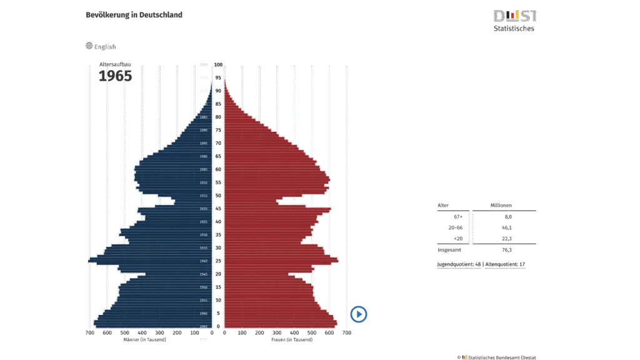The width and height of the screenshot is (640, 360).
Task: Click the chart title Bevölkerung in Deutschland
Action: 134,14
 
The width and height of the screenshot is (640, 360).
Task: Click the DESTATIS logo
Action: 514,16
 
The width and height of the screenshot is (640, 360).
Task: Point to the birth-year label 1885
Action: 204,117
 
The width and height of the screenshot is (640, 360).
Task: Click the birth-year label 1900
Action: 204,156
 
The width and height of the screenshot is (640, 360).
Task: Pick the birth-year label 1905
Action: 204,169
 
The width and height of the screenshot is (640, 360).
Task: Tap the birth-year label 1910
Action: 204,182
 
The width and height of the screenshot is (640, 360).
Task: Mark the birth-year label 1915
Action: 204,196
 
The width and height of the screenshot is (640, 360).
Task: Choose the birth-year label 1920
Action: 204,209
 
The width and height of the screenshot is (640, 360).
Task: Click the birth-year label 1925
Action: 204,222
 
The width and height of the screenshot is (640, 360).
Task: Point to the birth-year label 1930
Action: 204,235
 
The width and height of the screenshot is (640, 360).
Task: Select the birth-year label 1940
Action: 204,261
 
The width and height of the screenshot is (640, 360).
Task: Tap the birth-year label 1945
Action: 204,274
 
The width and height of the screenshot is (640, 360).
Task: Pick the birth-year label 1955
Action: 204,300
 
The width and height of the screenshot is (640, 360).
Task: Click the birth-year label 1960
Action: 204,313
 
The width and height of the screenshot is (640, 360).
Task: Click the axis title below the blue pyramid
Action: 144,340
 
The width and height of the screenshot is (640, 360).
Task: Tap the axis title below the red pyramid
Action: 291,340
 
